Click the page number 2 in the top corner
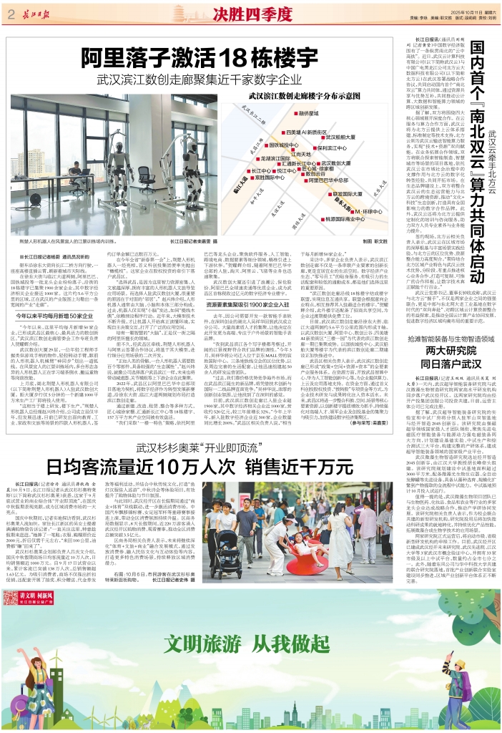tap(11, 11)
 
